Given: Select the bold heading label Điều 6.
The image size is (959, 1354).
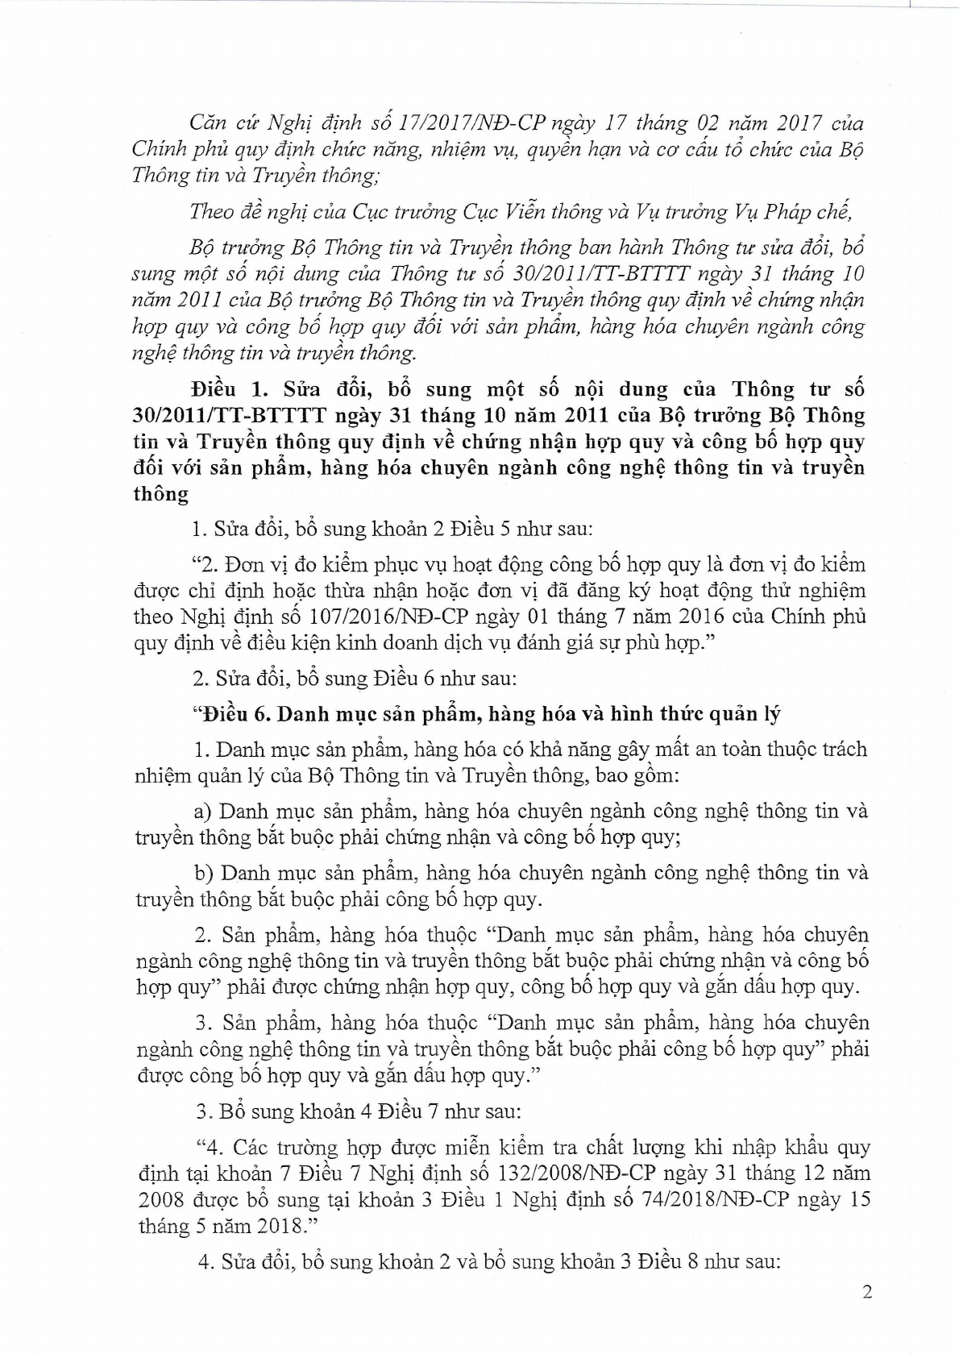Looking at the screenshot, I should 243,714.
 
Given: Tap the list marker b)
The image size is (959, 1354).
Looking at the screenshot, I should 202,874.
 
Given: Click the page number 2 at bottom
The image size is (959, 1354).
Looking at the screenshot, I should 867,1294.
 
